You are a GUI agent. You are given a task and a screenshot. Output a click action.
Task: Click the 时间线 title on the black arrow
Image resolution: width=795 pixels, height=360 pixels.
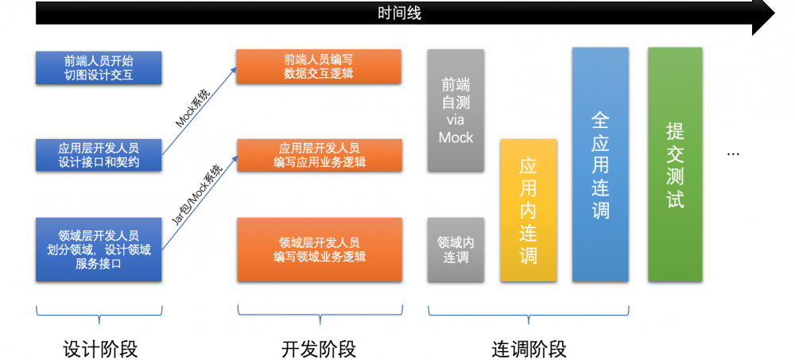click(x=398, y=13)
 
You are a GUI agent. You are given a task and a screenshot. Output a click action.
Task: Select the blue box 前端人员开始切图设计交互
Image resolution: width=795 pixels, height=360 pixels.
click(x=99, y=68)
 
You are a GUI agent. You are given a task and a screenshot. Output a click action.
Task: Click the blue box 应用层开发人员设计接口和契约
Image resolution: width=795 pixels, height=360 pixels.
click(x=99, y=155)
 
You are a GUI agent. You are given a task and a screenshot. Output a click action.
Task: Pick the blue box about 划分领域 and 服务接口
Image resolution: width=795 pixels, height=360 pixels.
click(x=99, y=249)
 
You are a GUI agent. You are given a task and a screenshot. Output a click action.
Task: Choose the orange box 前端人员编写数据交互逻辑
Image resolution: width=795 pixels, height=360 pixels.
click(x=318, y=67)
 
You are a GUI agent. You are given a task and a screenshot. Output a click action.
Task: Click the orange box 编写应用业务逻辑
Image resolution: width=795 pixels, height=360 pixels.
click(x=318, y=155)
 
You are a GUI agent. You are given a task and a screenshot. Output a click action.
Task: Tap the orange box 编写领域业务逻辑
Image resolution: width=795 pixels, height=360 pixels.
click(x=318, y=249)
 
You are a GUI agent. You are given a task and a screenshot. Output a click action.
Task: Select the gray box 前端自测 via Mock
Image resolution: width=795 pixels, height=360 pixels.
click(x=456, y=110)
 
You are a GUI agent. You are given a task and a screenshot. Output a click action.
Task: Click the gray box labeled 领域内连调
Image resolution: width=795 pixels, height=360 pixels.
click(x=456, y=249)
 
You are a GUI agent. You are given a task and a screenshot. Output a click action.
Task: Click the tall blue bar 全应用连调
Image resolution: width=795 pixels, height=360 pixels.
click(x=600, y=164)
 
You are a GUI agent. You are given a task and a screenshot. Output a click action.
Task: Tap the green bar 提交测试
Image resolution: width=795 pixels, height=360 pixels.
click(x=675, y=164)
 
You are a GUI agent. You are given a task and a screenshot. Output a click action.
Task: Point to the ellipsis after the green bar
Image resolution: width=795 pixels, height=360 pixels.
click(x=734, y=154)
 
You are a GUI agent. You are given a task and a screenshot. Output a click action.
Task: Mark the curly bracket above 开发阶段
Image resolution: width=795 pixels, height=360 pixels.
click(x=318, y=315)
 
